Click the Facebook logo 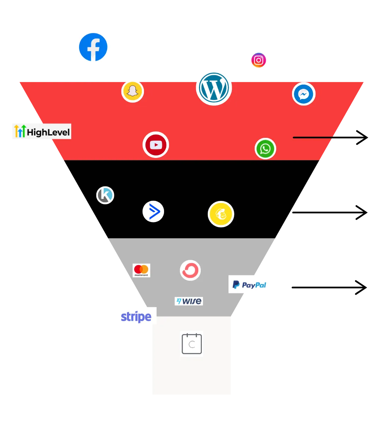click(x=93, y=47)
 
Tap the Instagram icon click(x=258, y=61)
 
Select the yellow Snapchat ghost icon click(x=132, y=91)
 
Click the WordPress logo click(x=214, y=87)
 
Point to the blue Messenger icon click(x=303, y=94)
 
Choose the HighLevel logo click(x=41, y=132)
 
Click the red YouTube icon click(x=156, y=145)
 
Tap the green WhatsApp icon click(x=265, y=149)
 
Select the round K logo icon click(x=105, y=195)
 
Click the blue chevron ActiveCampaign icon click(x=153, y=211)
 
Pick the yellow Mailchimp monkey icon click(x=221, y=214)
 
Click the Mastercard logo click(x=141, y=270)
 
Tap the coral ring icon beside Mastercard click(x=190, y=270)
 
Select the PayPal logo click(x=249, y=284)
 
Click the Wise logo click(x=189, y=301)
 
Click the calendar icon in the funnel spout click(x=192, y=344)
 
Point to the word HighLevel click(x=49, y=133)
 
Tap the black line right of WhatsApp click(x=313, y=137)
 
